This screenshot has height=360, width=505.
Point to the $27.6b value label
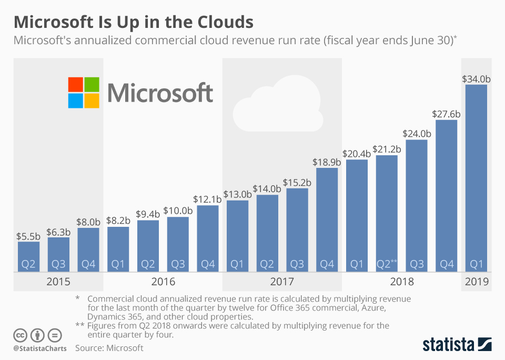pyautogui.click(x=446, y=114)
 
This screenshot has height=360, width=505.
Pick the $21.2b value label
pyautogui.click(x=387, y=149)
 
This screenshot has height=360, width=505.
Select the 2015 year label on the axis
pyautogui.click(x=58, y=282)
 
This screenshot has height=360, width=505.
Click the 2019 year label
pyautogui.click(x=477, y=282)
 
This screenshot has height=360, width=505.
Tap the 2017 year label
pyautogui.click(x=282, y=282)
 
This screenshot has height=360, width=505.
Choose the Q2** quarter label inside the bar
pyautogui.click(x=387, y=264)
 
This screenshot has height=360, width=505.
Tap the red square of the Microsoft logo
pyautogui.click(x=75, y=84)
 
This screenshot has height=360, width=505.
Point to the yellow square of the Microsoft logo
pyautogui.click(x=92, y=101)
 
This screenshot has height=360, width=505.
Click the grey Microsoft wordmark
pyautogui.click(x=160, y=93)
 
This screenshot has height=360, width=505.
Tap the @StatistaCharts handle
pyautogui.click(x=40, y=348)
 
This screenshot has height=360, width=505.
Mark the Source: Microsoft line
pyautogui.click(x=109, y=348)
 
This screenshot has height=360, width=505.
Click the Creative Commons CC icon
pyautogui.click(x=21, y=335)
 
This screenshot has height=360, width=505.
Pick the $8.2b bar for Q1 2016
pyautogui.click(x=118, y=249)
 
